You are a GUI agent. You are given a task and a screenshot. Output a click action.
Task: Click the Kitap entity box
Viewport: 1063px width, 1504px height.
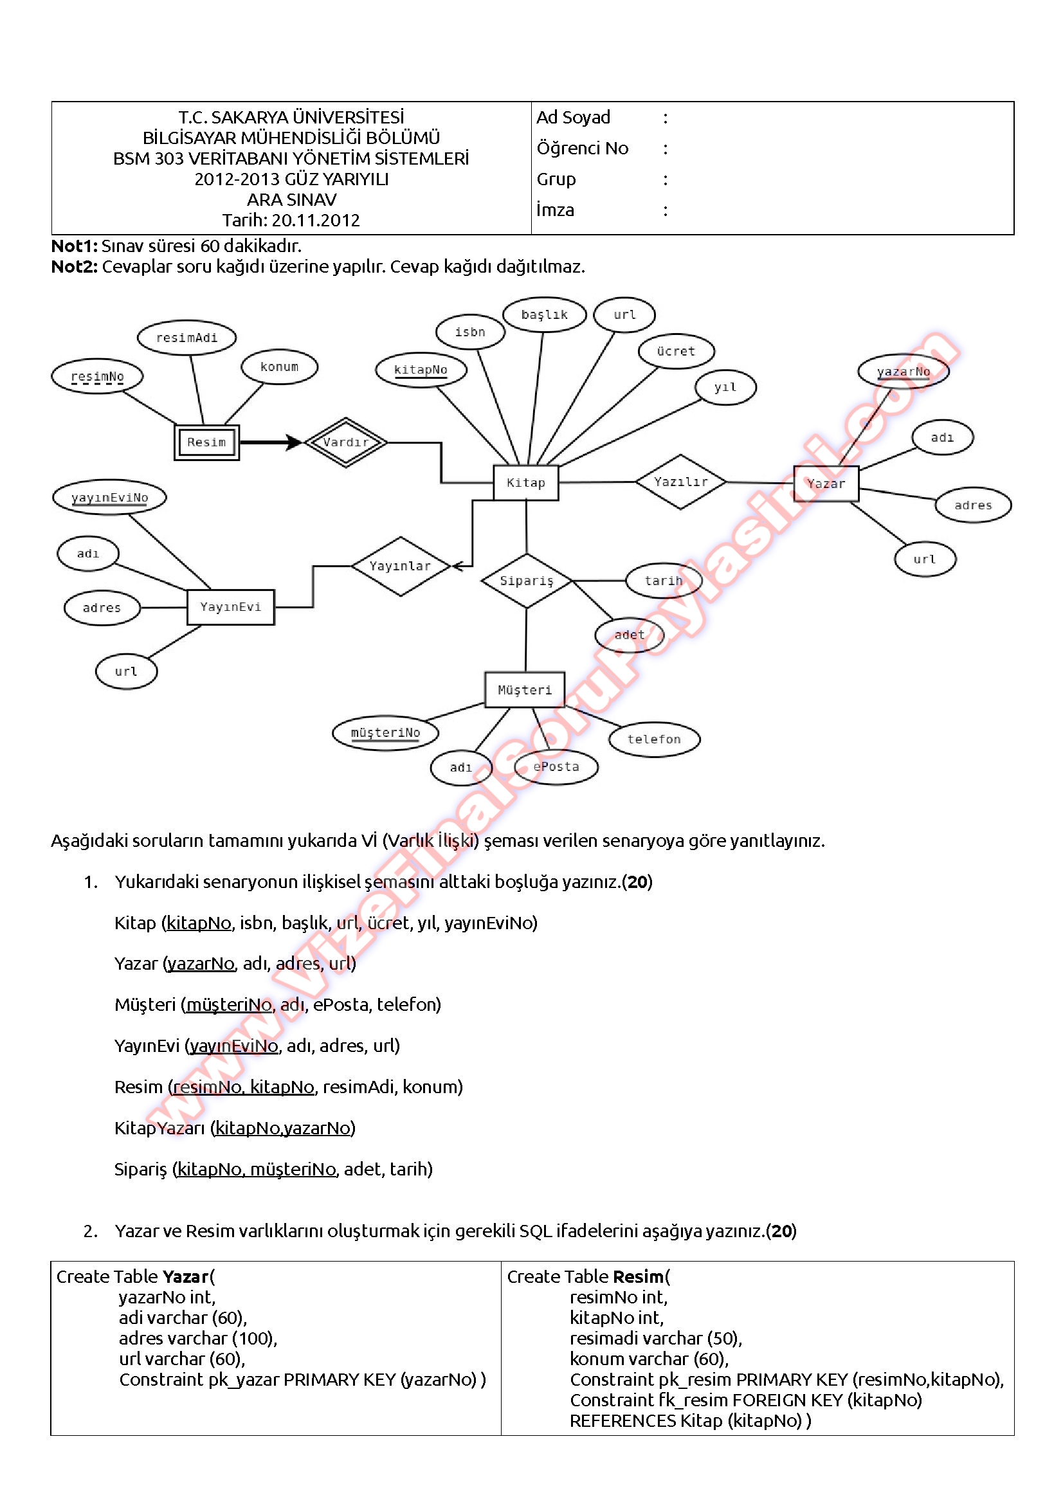click(525, 483)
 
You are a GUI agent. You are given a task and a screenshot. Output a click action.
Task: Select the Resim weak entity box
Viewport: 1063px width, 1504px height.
click(206, 442)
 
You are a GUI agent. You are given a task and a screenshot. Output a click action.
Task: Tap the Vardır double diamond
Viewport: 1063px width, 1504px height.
click(345, 442)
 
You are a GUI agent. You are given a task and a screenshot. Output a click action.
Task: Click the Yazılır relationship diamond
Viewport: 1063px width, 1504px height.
click(680, 482)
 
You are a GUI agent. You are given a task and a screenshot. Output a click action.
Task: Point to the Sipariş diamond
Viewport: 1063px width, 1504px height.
click(527, 581)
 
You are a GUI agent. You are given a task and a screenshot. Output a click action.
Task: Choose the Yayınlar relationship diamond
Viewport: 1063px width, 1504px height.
click(400, 566)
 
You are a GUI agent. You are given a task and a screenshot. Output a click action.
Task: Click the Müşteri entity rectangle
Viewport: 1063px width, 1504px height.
click(525, 690)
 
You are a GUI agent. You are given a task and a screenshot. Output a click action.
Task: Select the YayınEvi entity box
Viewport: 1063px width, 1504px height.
click(231, 607)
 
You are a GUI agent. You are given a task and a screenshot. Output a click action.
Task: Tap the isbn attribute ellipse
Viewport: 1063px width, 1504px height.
click(470, 332)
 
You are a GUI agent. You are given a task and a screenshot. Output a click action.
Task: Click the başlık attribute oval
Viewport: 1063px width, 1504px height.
click(544, 315)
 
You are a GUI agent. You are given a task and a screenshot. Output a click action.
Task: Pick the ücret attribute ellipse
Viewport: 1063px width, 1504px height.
click(676, 351)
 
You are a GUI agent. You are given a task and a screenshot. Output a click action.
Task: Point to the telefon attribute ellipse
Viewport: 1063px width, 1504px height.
click(653, 739)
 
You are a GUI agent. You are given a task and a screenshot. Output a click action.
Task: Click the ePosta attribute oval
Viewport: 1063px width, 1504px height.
click(556, 767)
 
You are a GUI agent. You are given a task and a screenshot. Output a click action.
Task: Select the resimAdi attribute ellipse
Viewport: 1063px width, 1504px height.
click(186, 338)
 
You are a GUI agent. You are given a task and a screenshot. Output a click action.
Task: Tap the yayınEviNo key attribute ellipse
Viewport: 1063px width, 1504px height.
click(109, 498)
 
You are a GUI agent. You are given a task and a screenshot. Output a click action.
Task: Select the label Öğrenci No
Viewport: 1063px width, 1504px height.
click(582, 149)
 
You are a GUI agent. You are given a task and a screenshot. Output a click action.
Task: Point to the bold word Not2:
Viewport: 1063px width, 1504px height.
click(74, 267)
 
